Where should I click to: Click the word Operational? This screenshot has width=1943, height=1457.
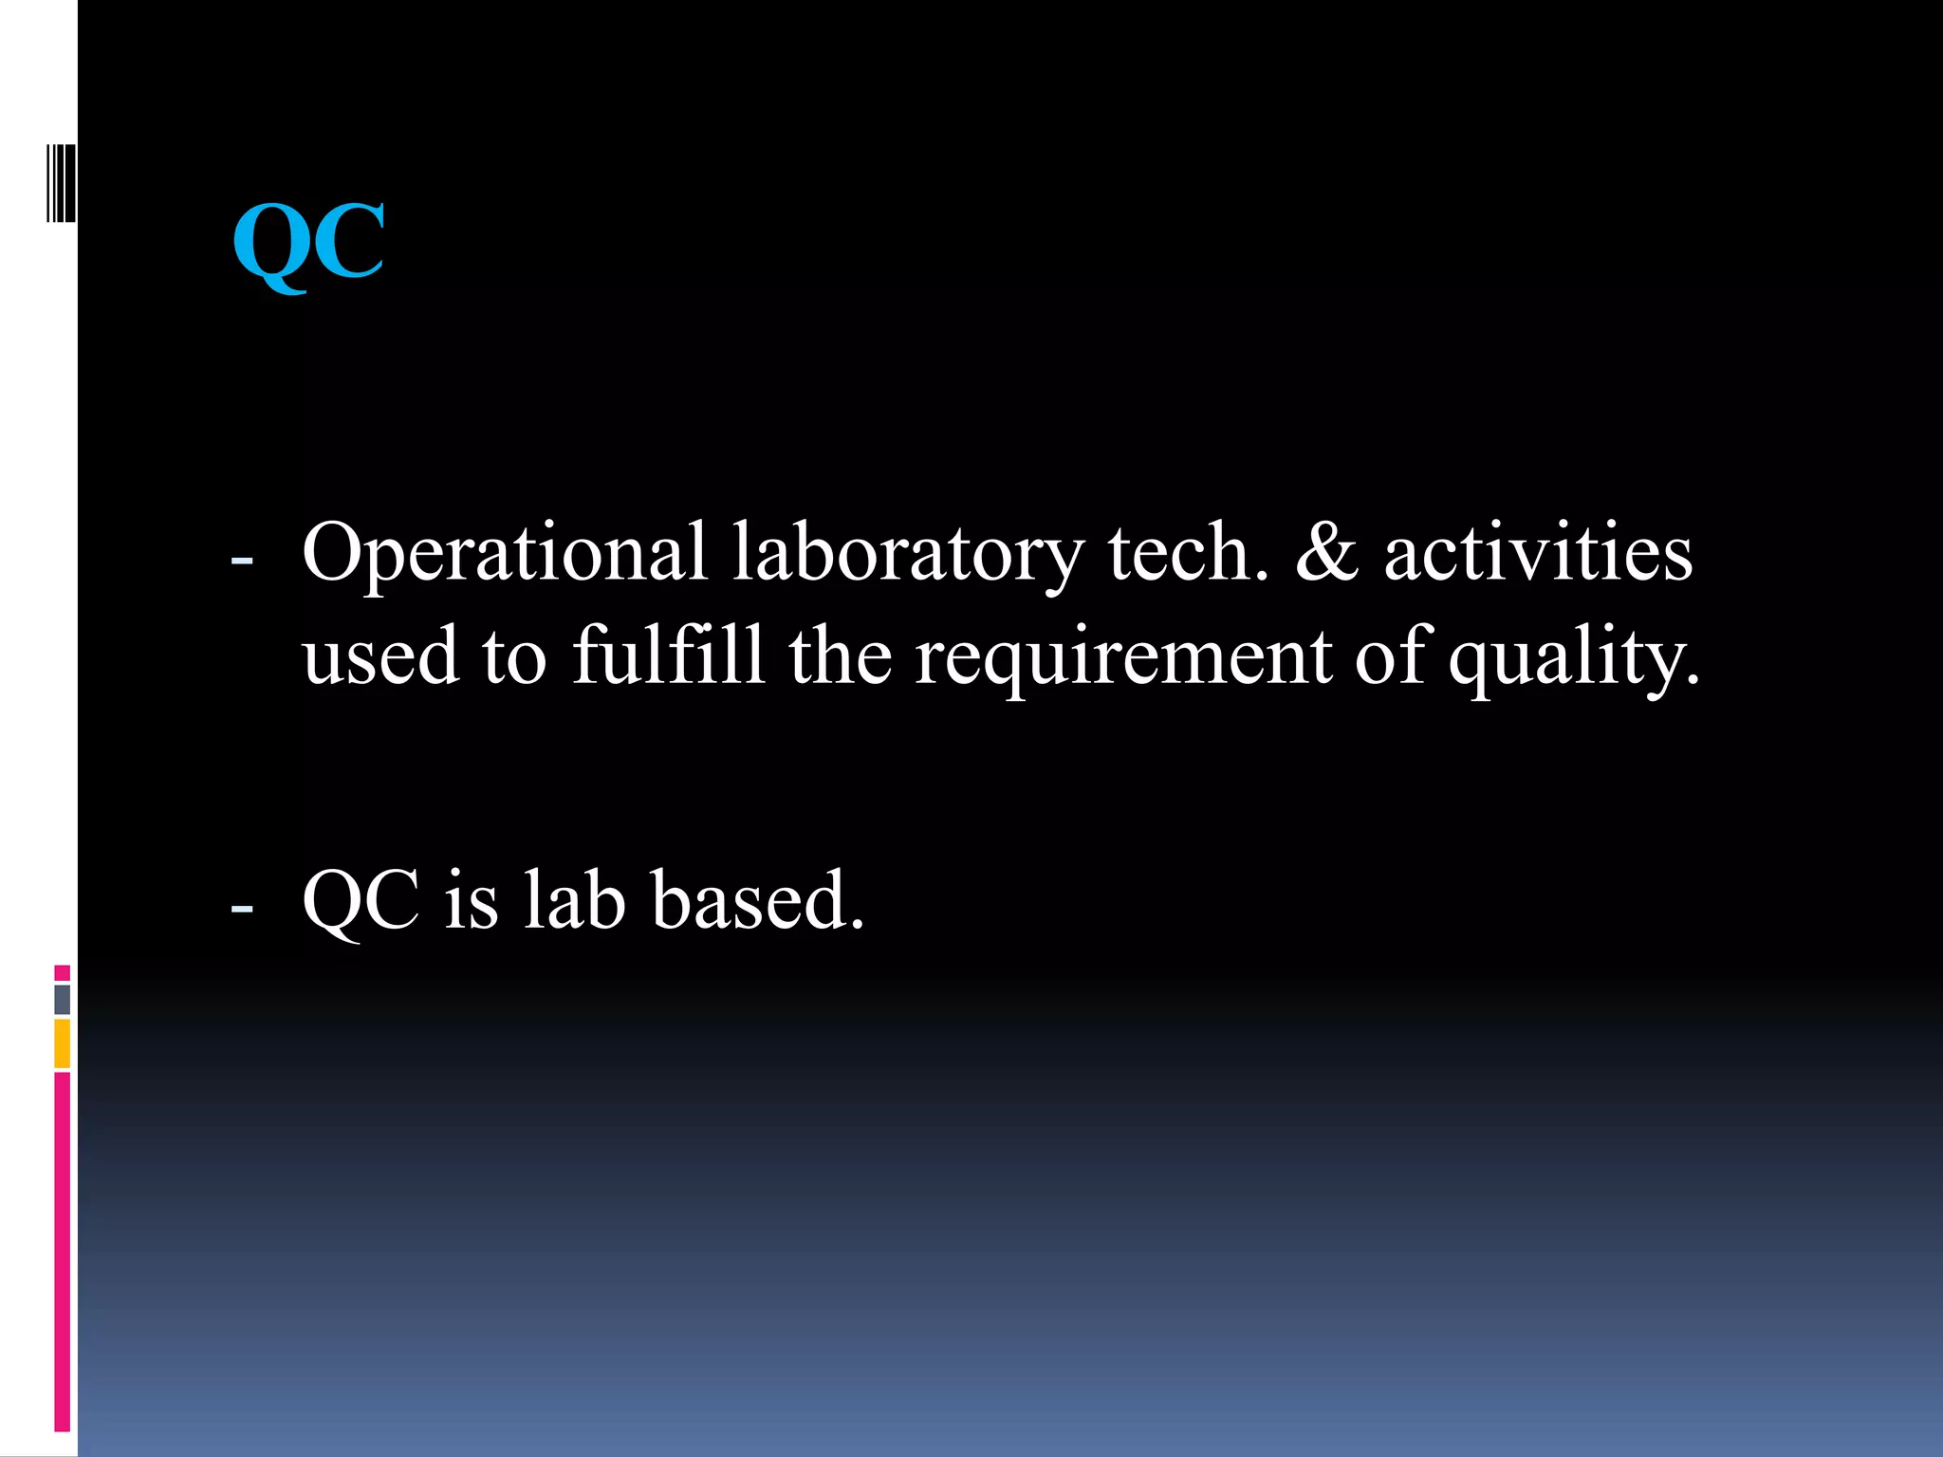coord(504,554)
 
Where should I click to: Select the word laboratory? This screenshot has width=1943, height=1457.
coord(908,554)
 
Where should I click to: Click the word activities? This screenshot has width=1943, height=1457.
coord(1538,554)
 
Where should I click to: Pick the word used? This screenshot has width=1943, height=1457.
coord(380,656)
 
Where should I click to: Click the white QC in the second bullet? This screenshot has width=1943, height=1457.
coord(361,901)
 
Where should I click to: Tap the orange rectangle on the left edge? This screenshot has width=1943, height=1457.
coord(63,1043)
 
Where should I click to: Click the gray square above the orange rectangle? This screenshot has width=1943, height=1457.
coord(63,1000)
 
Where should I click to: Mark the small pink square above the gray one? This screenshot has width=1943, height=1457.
coord(63,973)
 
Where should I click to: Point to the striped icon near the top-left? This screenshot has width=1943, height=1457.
coord(61,184)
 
